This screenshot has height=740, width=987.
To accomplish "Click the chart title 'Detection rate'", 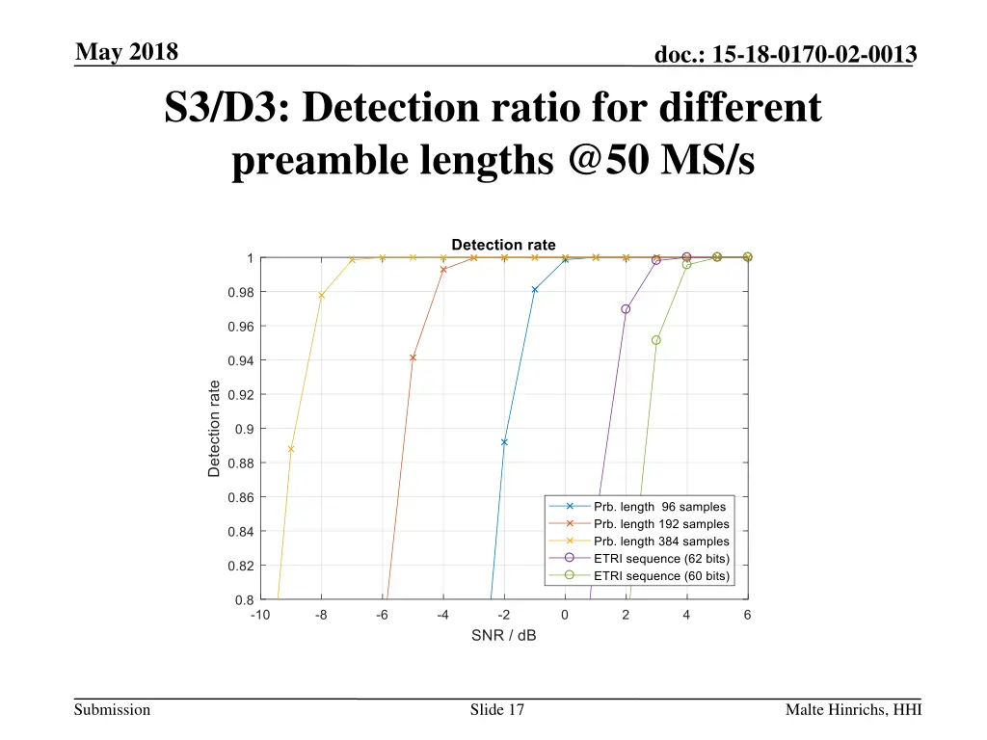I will pyautogui.click(x=503, y=245).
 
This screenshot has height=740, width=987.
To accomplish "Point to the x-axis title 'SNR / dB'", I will pyautogui.click(x=503, y=636).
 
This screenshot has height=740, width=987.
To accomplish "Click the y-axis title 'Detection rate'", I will pyautogui.click(x=214, y=429).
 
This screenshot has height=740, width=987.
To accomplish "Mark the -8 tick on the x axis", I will pyautogui.click(x=321, y=615).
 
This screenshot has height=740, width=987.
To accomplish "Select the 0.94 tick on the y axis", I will pyautogui.click(x=241, y=360).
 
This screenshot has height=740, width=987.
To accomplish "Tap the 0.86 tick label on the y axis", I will pyautogui.click(x=241, y=497).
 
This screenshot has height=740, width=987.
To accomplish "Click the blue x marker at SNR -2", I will pyautogui.click(x=504, y=442).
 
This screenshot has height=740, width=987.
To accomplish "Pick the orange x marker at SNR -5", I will pyautogui.click(x=413, y=357).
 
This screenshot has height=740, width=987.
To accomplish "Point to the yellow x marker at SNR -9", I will pyautogui.click(x=291, y=449).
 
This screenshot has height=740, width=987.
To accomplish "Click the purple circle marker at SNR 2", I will pyautogui.click(x=626, y=309).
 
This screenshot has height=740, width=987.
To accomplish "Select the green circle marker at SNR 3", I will pyautogui.click(x=656, y=340).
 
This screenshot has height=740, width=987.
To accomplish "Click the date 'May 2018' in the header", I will pyautogui.click(x=127, y=52).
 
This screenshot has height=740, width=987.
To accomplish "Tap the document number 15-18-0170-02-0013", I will pyautogui.click(x=785, y=57).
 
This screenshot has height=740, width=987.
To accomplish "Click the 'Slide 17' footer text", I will pyautogui.click(x=497, y=710).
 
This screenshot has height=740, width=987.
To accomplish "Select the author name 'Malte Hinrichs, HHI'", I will pyautogui.click(x=853, y=710).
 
